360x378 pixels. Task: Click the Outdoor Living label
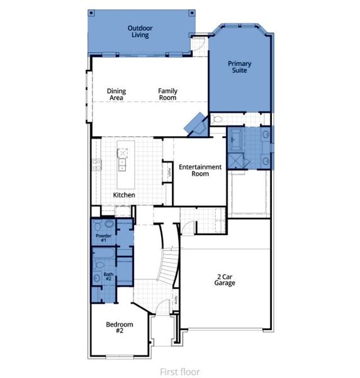140,31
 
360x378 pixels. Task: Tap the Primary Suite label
239,67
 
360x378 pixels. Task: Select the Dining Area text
116,94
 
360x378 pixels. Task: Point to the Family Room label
167,94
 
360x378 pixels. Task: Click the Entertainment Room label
200,170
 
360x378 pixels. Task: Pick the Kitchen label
124,195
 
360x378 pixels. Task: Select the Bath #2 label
108,276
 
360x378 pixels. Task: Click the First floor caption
180,372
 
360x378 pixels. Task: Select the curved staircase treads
168,265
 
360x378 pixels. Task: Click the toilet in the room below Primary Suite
218,118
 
